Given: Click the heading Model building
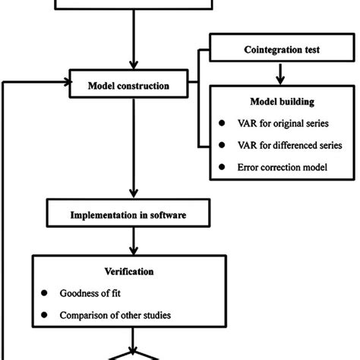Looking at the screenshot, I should point(281,103).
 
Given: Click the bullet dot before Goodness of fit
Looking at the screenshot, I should point(43,292).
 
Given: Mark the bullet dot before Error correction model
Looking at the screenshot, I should point(221,166).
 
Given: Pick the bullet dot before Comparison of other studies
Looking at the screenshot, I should point(43,314).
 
